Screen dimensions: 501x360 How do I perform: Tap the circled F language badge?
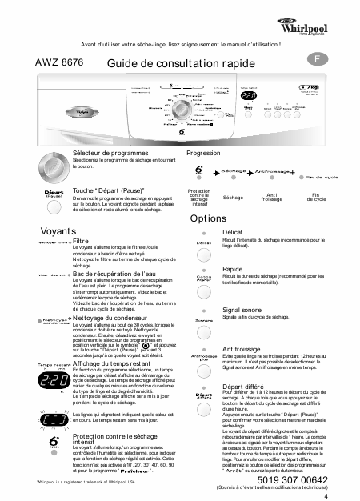pyautogui.click(x=318, y=60)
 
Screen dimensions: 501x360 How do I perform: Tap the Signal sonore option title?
pyautogui.click(x=243, y=308)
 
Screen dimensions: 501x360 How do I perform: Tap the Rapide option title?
pyautogui.click(x=233, y=270)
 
